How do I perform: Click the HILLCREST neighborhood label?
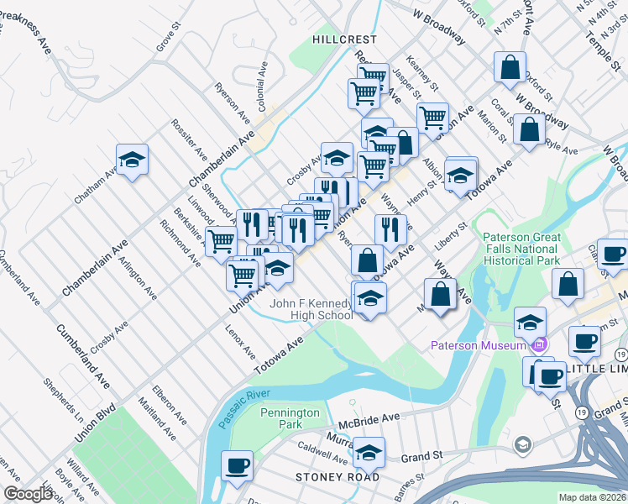[x=344, y=39]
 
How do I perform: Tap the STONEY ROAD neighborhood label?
[x=338, y=476]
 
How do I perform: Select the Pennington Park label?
[x=290, y=418]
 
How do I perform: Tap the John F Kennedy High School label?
[x=310, y=309]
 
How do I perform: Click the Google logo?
[x=28, y=494]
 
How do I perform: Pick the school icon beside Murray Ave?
[x=368, y=452]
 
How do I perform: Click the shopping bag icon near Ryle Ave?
[x=529, y=131]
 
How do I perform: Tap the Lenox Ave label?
[x=240, y=341]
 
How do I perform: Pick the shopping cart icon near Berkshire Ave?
[x=221, y=241]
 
